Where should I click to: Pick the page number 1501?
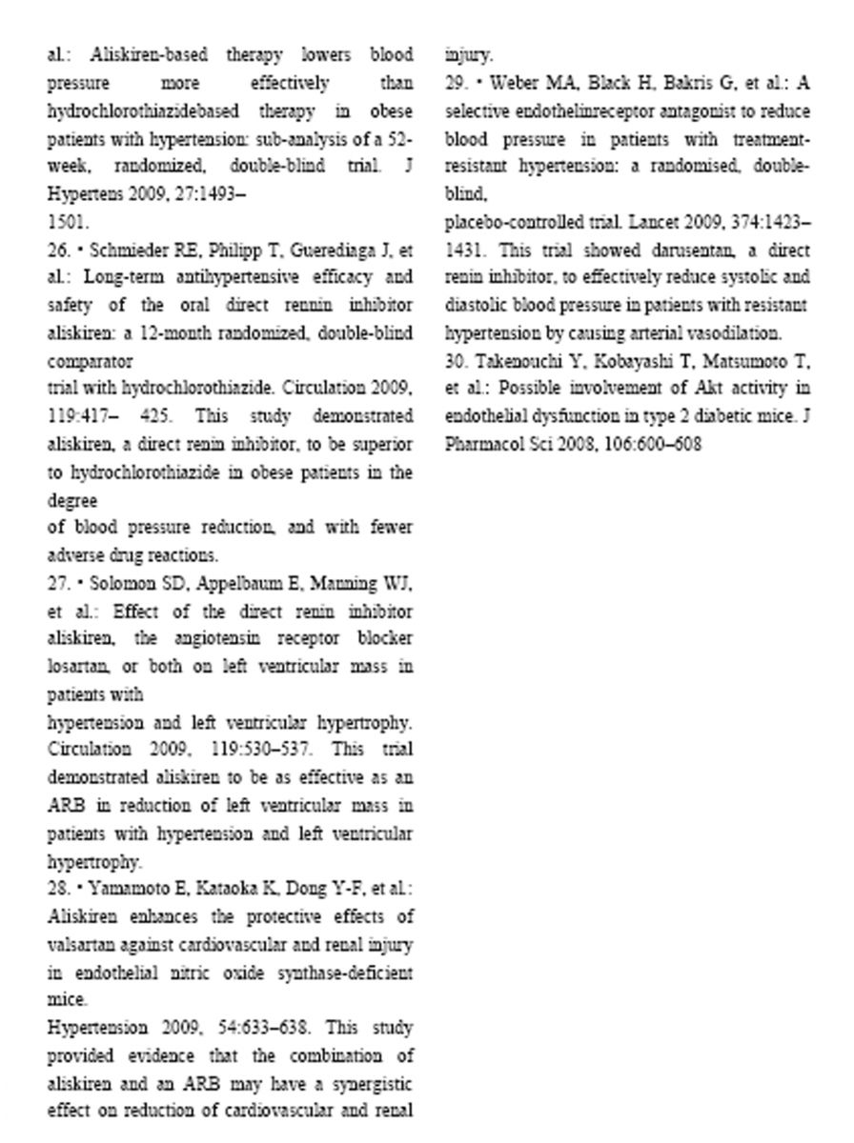[x=69, y=223]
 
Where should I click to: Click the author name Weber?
[x=516, y=83]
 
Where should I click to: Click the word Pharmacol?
[x=483, y=445]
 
